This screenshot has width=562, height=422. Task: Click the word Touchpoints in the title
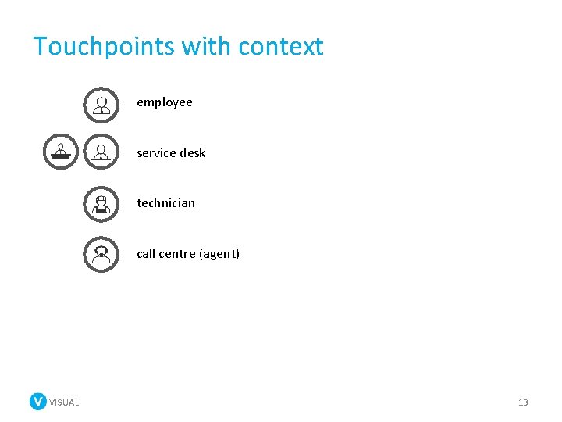pyautogui.click(x=105, y=46)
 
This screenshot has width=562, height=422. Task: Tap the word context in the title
pyautogui.click(x=281, y=46)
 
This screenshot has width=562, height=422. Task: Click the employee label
pyautogui.click(x=165, y=102)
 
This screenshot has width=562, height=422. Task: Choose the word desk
pyautogui.click(x=193, y=153)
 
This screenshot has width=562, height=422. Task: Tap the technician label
pyautogui.click(x=166, y=203)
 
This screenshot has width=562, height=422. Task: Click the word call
pyautogui.click(x=146, y=254)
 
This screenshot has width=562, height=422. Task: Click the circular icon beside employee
pyautogui.click(x=101, y=105)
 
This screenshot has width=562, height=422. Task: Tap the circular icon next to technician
pyautogui.click(x=101, y=204)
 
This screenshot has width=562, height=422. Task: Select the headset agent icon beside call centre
pyautogui.click(x=101, y=254)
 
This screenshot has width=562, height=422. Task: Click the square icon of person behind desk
pyautogui.click(x=61, y=152)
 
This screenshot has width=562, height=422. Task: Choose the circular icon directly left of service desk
pyautogui.click(x=101, y=152)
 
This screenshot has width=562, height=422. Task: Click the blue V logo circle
pyautogui.click(x=38, y=402)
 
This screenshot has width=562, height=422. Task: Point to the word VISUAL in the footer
pyautogui.click(x=64, y=402)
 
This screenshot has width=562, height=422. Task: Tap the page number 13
pyautogui.click(x=523, y=402)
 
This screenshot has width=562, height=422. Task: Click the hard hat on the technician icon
pyautogui.click(x=101, y=198)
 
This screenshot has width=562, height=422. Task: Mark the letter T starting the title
pyautogui.click(x=41, y=46)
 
